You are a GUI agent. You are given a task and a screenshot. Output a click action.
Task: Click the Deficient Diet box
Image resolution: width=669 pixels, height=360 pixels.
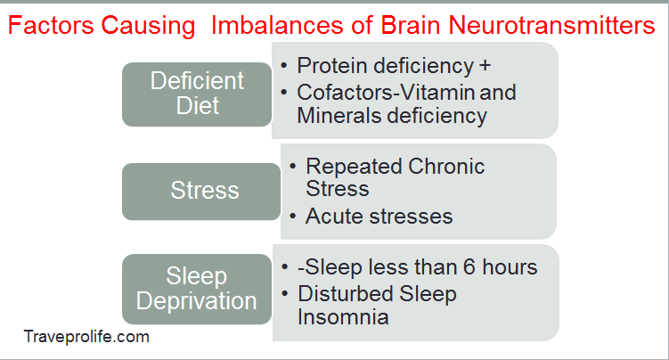click(197, 93)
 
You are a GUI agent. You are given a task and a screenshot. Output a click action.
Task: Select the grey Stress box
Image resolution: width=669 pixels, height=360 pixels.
click(204, 191)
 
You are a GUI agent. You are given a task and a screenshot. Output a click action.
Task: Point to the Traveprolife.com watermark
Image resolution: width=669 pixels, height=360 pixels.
click(86, 337)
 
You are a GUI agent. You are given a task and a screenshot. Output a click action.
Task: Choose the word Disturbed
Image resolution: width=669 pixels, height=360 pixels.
click(341, 293)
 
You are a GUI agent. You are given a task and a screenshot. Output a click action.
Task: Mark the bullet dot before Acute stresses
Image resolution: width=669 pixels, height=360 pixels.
click(292, 216)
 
